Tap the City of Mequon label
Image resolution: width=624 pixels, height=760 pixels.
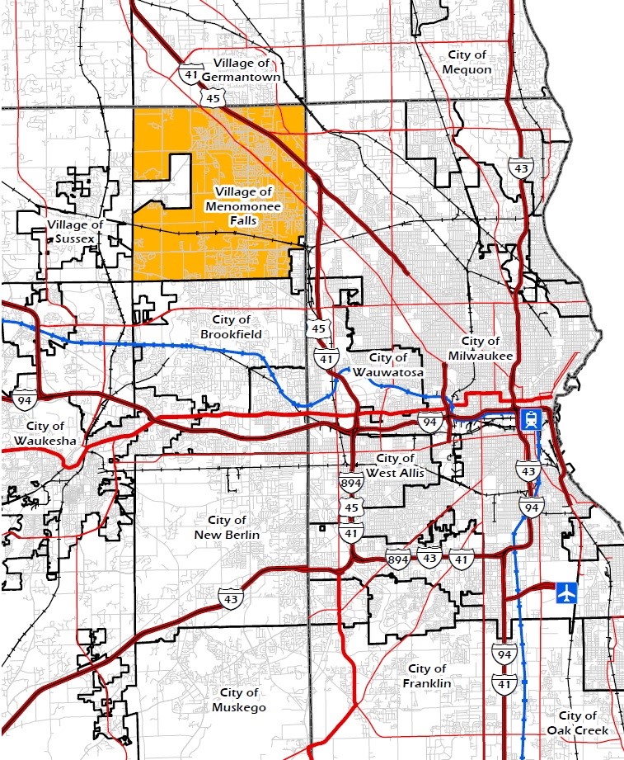point(467,62)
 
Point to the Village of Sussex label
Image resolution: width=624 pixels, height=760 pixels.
point(75,232)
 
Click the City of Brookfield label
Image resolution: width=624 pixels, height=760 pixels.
point(231,327)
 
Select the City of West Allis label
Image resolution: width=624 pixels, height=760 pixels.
point(400,465)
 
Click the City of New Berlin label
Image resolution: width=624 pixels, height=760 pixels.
point(227,527)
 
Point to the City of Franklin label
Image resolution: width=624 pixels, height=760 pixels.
point(427,676)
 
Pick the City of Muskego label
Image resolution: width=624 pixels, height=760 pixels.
point(239,700)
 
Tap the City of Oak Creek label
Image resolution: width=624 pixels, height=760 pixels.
point(578,723)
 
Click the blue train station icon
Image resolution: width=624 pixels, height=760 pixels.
point(529,420)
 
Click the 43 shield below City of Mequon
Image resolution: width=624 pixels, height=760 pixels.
point(519,168)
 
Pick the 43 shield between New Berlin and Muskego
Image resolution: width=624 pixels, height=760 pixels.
point(230,597)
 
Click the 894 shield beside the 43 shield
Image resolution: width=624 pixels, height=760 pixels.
point(398,559)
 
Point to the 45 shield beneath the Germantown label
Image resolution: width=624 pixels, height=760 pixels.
point(213,98)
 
